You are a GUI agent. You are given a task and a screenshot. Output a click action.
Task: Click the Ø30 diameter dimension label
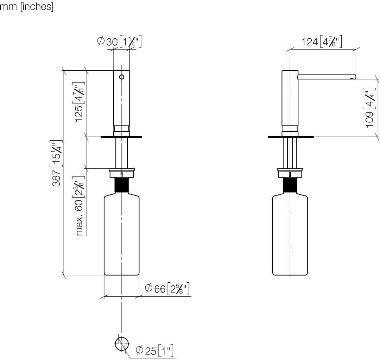119,41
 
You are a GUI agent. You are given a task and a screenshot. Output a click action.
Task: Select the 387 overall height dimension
57,163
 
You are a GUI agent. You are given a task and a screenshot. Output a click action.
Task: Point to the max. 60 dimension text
79,206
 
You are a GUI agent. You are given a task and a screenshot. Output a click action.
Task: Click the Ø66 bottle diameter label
167,288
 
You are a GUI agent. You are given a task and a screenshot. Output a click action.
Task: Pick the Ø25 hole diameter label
154,350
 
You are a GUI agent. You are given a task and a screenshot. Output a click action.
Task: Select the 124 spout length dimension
321,41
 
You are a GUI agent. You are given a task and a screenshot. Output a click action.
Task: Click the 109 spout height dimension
369,108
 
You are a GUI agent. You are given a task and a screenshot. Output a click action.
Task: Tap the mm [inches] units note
27,7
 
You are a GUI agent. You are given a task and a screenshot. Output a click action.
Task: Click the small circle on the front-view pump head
122,77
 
